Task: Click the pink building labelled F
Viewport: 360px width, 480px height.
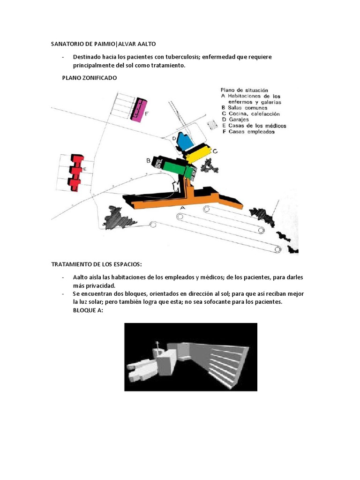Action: [x=138, y=111]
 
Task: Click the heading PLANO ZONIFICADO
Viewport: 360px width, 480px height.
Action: [x=90, y=78]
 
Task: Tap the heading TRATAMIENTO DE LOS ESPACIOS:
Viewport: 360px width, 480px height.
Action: [x=96, y=264]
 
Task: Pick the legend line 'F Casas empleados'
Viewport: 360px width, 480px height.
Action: [x=248, y=132]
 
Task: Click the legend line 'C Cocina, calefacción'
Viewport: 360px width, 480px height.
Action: [x=251, y=114]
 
